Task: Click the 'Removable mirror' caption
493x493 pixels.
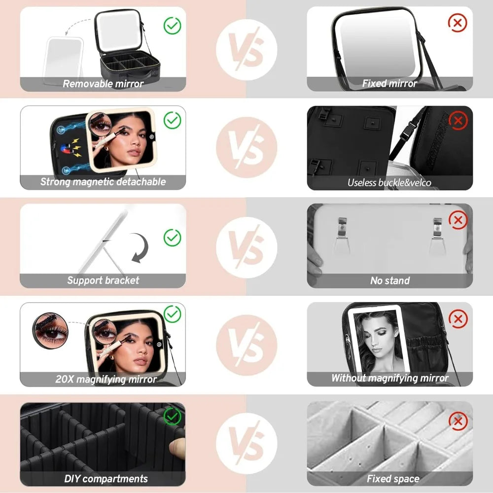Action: click(103, 84)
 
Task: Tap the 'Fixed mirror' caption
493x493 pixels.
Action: click(389, 84)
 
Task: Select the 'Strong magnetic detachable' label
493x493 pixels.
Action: click(103, 182)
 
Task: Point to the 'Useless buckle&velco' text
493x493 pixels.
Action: click(389, 183)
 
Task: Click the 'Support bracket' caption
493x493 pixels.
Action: click(103, 281)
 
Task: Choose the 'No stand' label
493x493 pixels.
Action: click(389, 281)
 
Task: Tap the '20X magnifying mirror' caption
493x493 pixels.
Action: click(106, 380)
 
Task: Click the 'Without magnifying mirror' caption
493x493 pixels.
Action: click(389, 379)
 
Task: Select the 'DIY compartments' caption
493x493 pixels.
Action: click(106, 478)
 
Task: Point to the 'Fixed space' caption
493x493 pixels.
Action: click(393, 478)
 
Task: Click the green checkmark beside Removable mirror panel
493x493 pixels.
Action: click(172, 25)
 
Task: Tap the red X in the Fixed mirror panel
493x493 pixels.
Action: click(458, 22)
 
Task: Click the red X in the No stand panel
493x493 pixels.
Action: click(458, 220)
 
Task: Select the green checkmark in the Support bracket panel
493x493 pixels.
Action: click(172, 238)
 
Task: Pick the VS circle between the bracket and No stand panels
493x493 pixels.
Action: click(246, 246)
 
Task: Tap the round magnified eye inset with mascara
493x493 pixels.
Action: click(49, 331)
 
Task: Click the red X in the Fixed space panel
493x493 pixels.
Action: click(458, 422)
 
